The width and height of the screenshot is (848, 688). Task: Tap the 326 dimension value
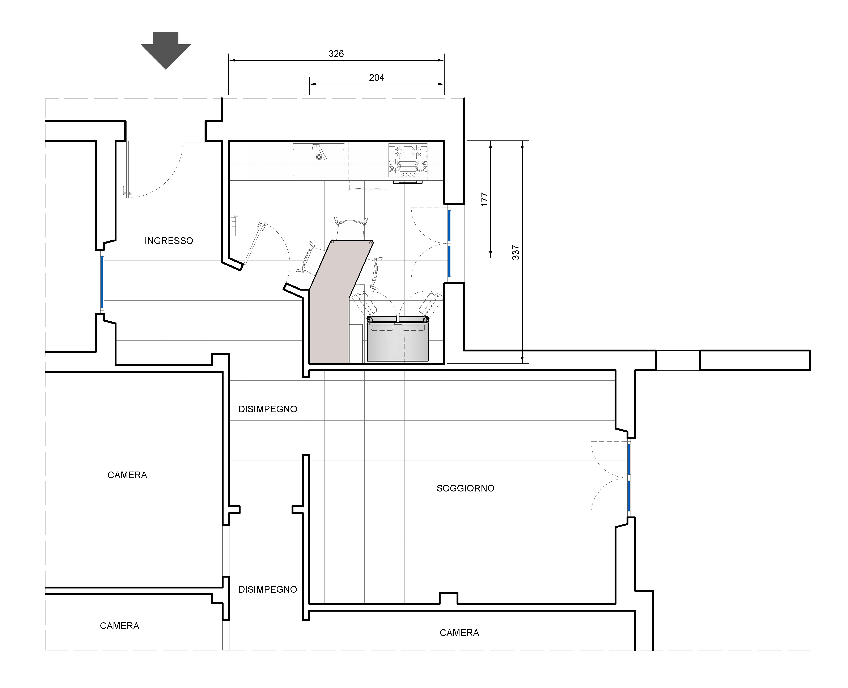tap(336, 54)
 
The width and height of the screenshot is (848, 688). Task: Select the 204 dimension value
tap(376, 78)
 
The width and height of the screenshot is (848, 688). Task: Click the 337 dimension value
tap(516, 252)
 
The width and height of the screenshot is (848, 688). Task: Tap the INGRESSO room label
tap(169, 241)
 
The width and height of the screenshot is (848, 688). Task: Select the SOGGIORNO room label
tap(465, 488)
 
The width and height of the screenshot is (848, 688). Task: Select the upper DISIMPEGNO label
tap(267, 409)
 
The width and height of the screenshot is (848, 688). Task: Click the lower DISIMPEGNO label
tap(267, 589)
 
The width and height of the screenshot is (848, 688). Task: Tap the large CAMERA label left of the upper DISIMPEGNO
tap(127, 475)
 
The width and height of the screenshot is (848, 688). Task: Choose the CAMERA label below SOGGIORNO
tap(459, 633)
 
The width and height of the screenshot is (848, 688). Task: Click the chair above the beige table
tap(351, 228)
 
